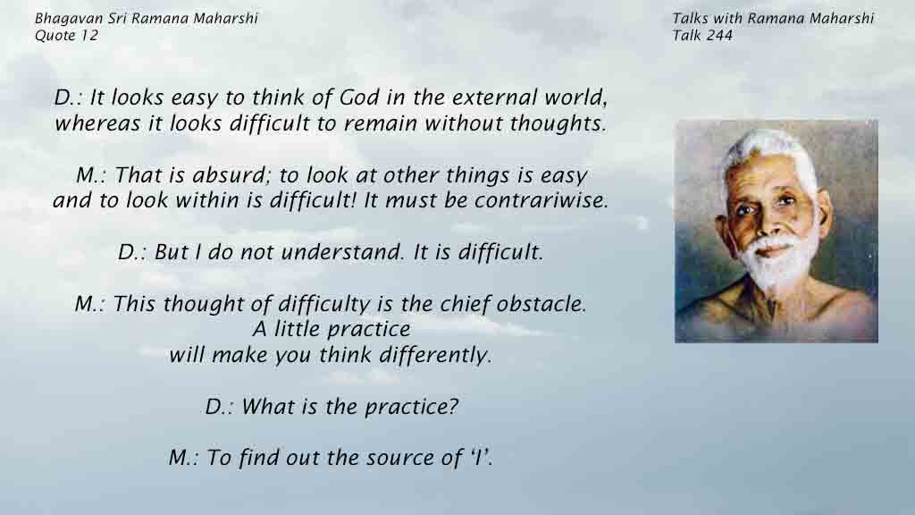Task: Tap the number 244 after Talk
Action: [718, 36]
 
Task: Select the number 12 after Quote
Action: [90, 36]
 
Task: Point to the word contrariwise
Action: [541, 200]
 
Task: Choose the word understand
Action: [342, 251]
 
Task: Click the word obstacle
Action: [541, 304]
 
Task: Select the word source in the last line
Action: [402, 457]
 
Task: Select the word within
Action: [208, 200]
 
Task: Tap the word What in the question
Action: [269, 407]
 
